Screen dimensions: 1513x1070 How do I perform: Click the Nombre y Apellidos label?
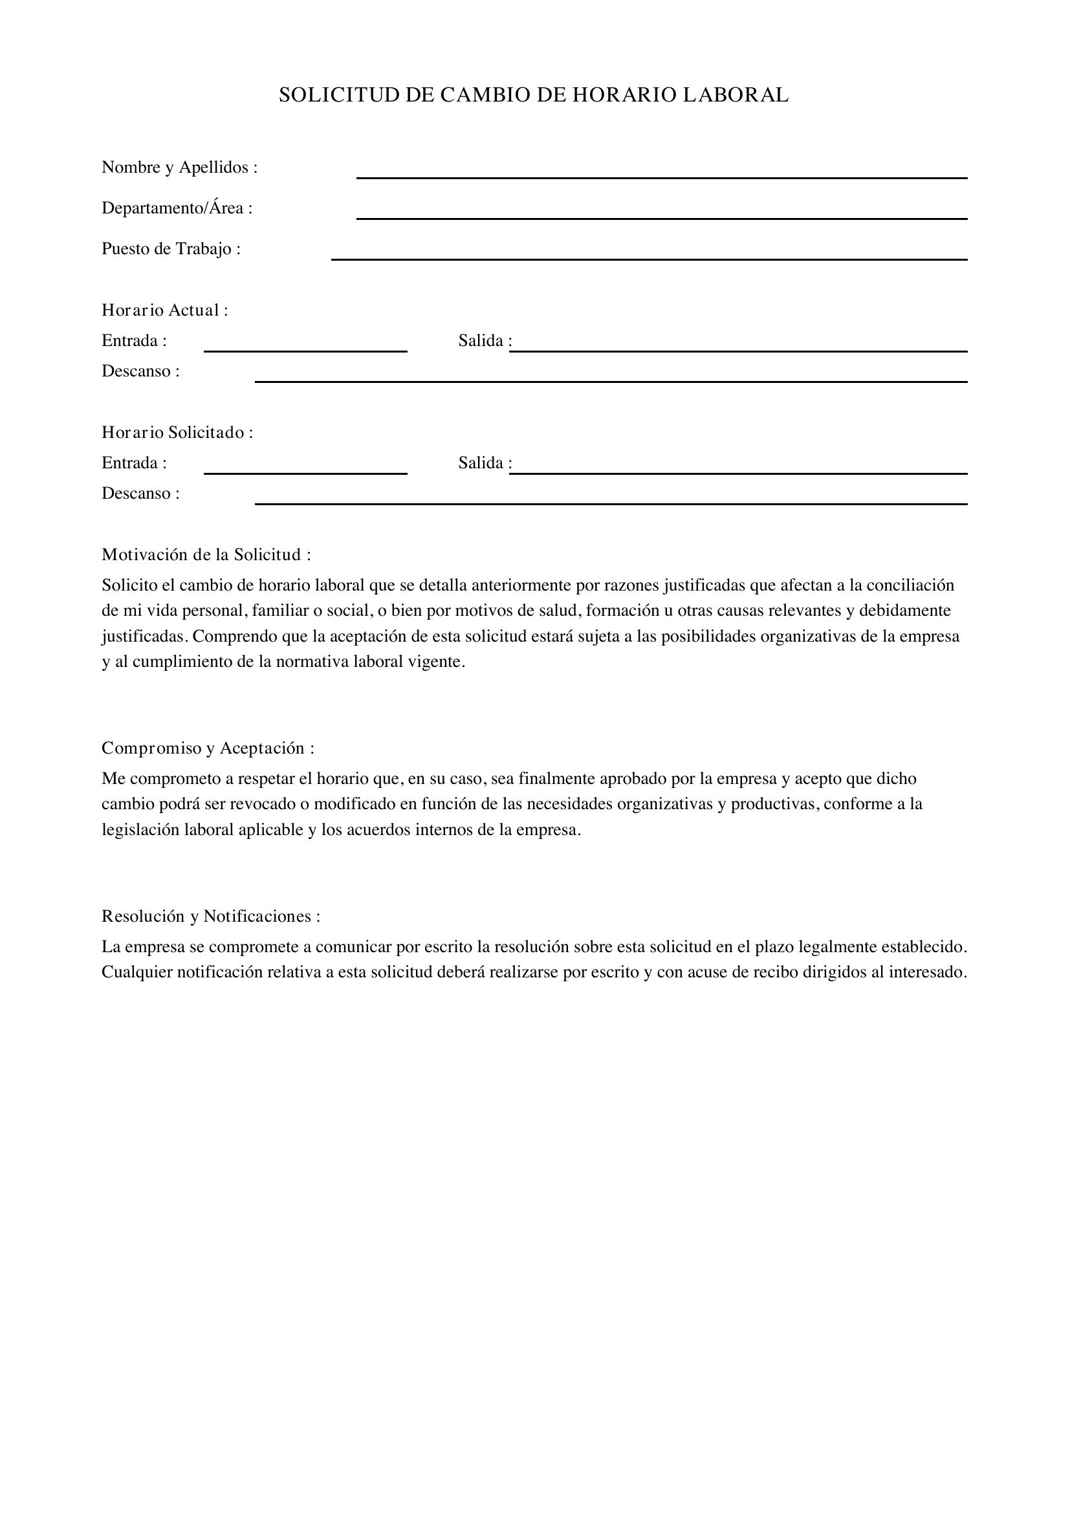coord(179,168)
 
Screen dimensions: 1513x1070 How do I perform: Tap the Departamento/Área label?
coord(177,208)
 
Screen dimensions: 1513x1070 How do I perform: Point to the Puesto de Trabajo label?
coord(171,249)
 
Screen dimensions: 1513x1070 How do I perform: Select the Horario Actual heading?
coord(165,310)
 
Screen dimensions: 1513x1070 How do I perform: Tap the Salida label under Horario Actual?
coord(485,341)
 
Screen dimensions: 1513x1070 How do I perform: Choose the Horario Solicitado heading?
coord(177,432)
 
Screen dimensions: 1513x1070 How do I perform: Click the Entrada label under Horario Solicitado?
coord(134,463)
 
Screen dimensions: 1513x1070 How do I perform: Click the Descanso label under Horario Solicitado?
coord(140,494)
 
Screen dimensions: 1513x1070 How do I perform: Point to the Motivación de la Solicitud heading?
coord(206,555)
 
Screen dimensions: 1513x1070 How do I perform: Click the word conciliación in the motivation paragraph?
coord(910,585)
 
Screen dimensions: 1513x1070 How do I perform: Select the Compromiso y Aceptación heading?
coord(208,748)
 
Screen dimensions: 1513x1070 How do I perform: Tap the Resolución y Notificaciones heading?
coord(211,916)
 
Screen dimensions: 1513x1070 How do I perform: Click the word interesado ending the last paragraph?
coord(927,972)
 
